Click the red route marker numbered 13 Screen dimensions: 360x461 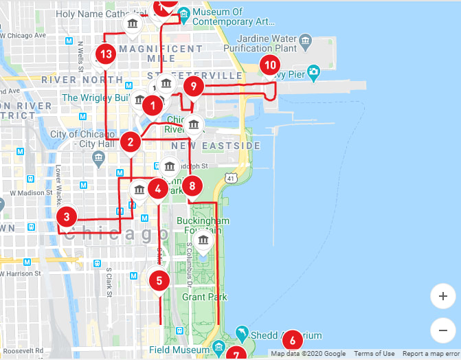point(105,54)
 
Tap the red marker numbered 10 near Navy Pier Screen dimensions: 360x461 point(269,67)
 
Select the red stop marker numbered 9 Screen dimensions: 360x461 point(194,87)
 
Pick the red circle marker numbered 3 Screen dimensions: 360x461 point(66,218)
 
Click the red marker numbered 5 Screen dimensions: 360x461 point(159,280)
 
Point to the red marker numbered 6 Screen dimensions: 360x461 point(292,339)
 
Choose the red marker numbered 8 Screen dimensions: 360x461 point(192,185)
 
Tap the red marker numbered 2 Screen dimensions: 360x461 point(131,143)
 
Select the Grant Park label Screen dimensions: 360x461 point(204,297)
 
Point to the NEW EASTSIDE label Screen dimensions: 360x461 point(216,146)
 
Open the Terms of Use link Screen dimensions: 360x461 point(374,354)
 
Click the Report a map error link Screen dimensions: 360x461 point(430,354)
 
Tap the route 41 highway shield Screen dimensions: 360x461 point(234,179)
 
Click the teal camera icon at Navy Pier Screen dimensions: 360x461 point(313,71)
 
